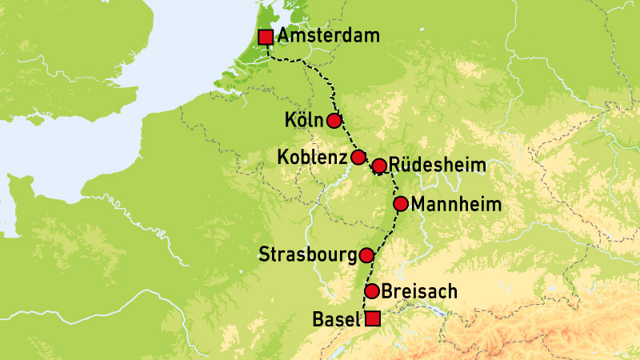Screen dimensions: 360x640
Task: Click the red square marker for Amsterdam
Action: pyautogui.click(x=266, y=37)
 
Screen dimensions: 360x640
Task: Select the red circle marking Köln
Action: pyautogui.click(x=334, y=120)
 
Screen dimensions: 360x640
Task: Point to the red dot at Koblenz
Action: pyautogui.click(x=358, y=156)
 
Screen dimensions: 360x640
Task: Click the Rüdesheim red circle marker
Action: pyautogui.click(x=380, y=166)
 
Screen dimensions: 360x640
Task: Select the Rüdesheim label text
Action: pyautogui.click(x=438, y=166)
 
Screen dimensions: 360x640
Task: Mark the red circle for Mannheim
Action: pyautogui.click(x=401, y=203)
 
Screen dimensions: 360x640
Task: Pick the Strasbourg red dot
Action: pyautogui.click(x=366, y=255)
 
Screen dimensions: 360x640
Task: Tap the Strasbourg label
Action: pyautogui.click(x=308, y=256)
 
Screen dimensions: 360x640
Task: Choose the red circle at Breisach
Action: pyautogui.click(x=372, y=290)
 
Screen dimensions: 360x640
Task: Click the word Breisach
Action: pyautogui.click(x=420, y=291)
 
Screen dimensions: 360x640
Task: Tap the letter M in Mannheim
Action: pyautogui.click(x=420, y=204)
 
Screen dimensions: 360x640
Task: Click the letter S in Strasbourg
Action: pyautogui.click(x=266, y=256)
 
